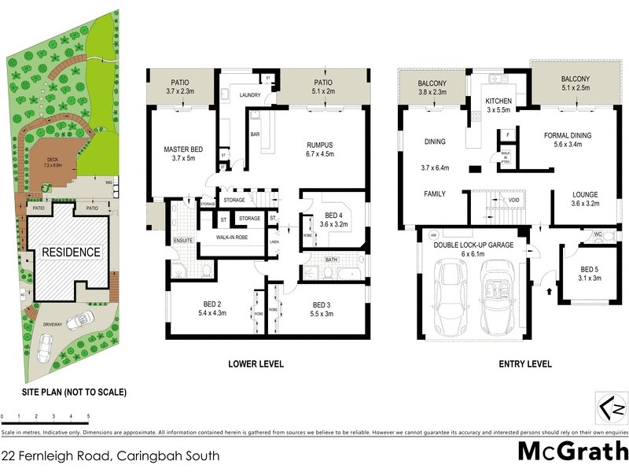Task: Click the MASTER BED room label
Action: tap(186, 149)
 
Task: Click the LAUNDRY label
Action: tap(251, 95)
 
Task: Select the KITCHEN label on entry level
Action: tap(498, 101)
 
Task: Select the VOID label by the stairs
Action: tap(514, 200)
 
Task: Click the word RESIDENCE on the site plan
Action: tap(71, 253)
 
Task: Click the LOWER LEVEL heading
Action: tap(256, 364)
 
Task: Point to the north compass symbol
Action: tap(612, 408)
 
